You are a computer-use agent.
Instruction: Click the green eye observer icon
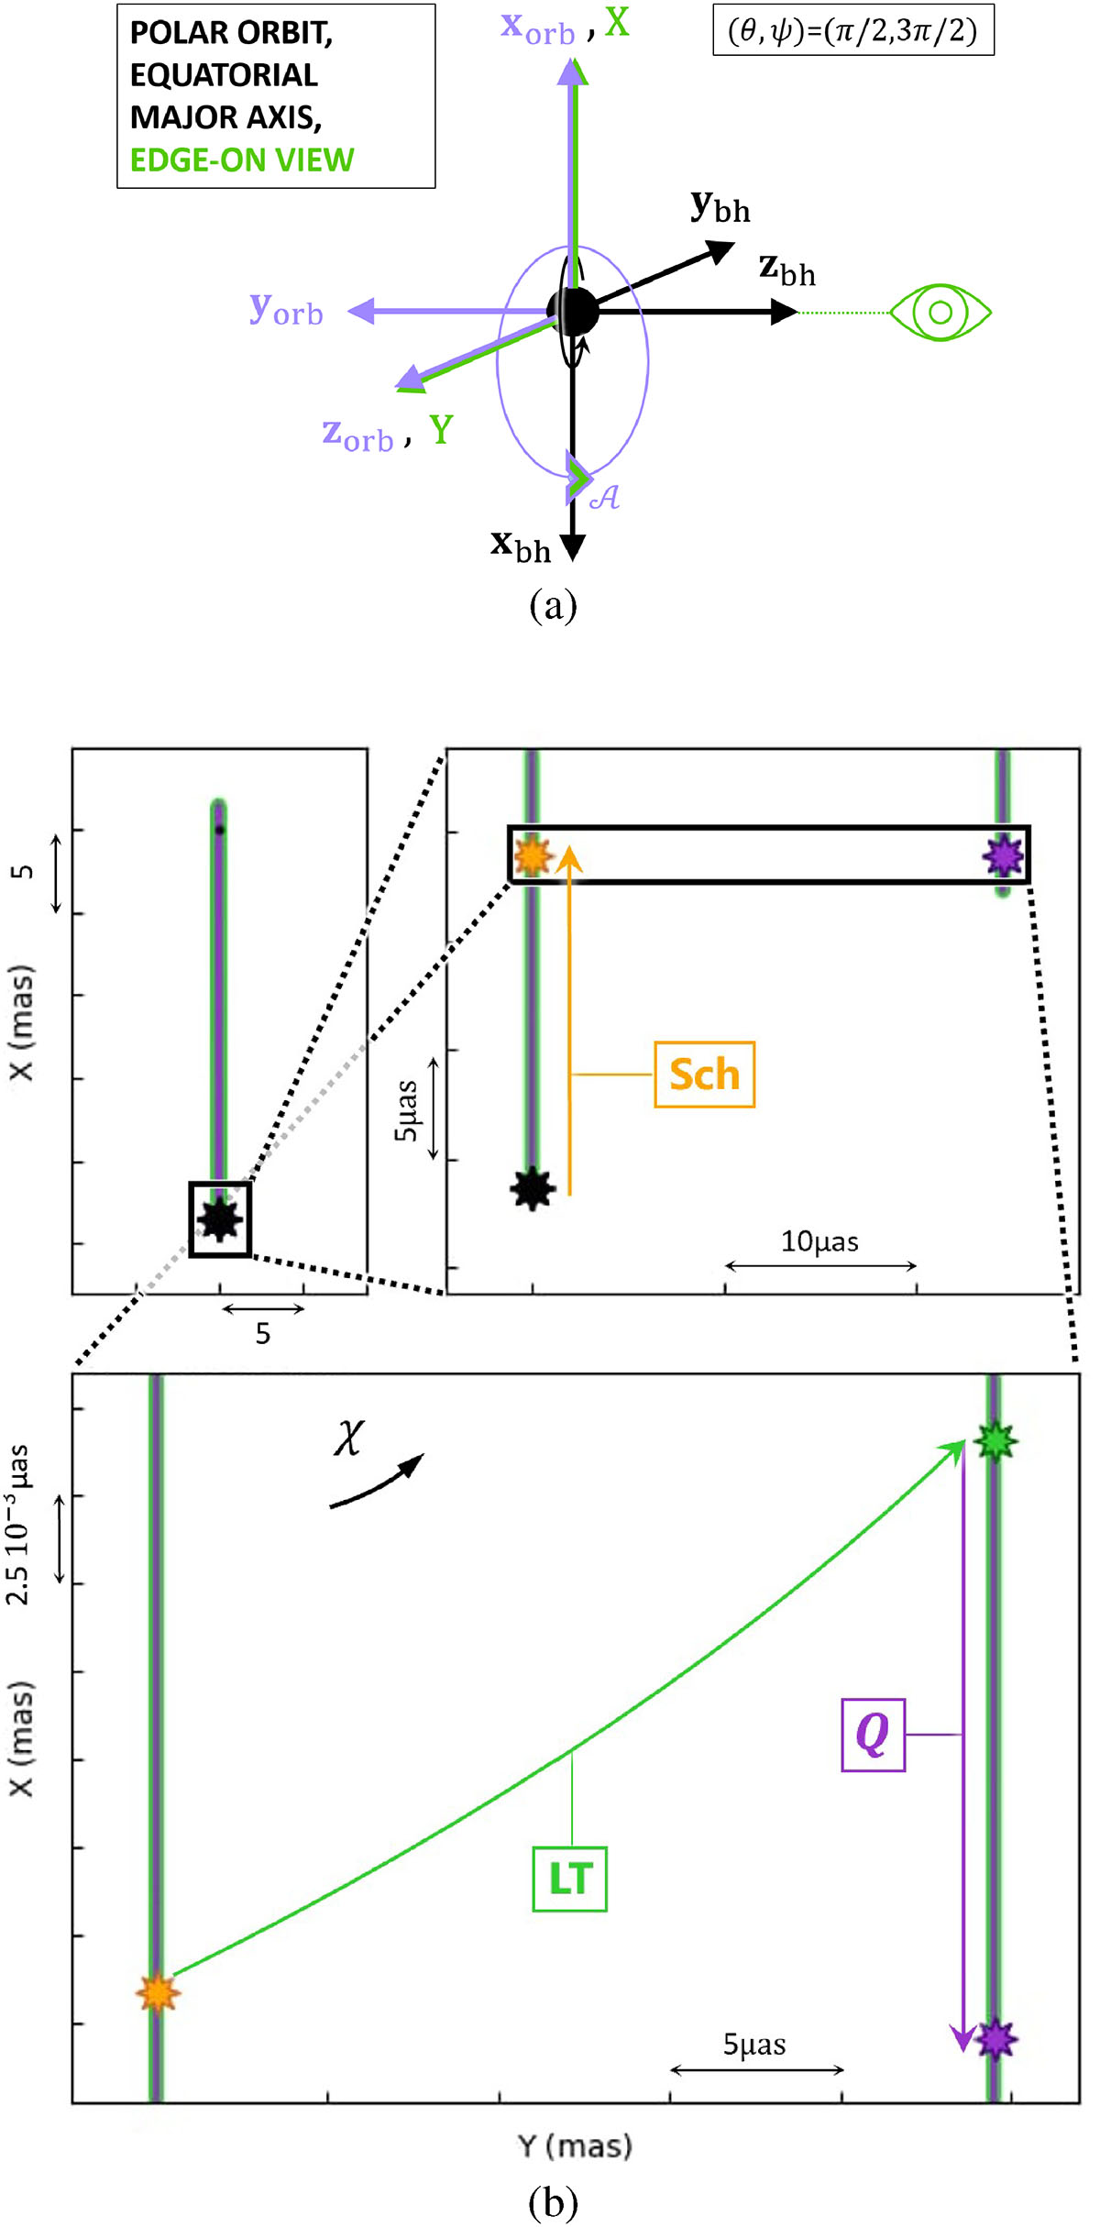(x=940, y=313)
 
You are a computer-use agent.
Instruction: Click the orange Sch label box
(x=704, y=1075)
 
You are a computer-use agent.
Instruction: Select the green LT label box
(x=569, y=1879)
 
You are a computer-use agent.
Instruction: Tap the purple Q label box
(x=873, y=1735)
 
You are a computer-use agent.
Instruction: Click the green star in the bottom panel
(x=995, y=1442)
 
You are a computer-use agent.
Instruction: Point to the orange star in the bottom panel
(x=158, y=1992)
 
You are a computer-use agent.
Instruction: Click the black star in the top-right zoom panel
(x=533, y=1189)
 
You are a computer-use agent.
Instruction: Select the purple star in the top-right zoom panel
(x=1002, y=855)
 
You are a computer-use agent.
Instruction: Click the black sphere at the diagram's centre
(x=573, y=312)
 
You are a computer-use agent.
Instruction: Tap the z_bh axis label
(x=786, y=270)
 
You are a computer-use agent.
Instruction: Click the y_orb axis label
(x=286, y=310)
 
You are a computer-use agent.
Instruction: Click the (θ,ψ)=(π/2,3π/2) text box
(x=852, y=31)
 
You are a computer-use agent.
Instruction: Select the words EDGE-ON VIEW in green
(x=241, y=160)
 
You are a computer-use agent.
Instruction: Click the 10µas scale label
(x=819, y=1242)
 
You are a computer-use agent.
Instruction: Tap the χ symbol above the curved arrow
(x=349, y=1437)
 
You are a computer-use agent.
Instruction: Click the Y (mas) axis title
(x=575, y=2146)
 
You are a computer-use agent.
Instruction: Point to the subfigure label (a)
(x=553, y=605)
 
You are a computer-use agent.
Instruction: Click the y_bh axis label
(x=720, y=207)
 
